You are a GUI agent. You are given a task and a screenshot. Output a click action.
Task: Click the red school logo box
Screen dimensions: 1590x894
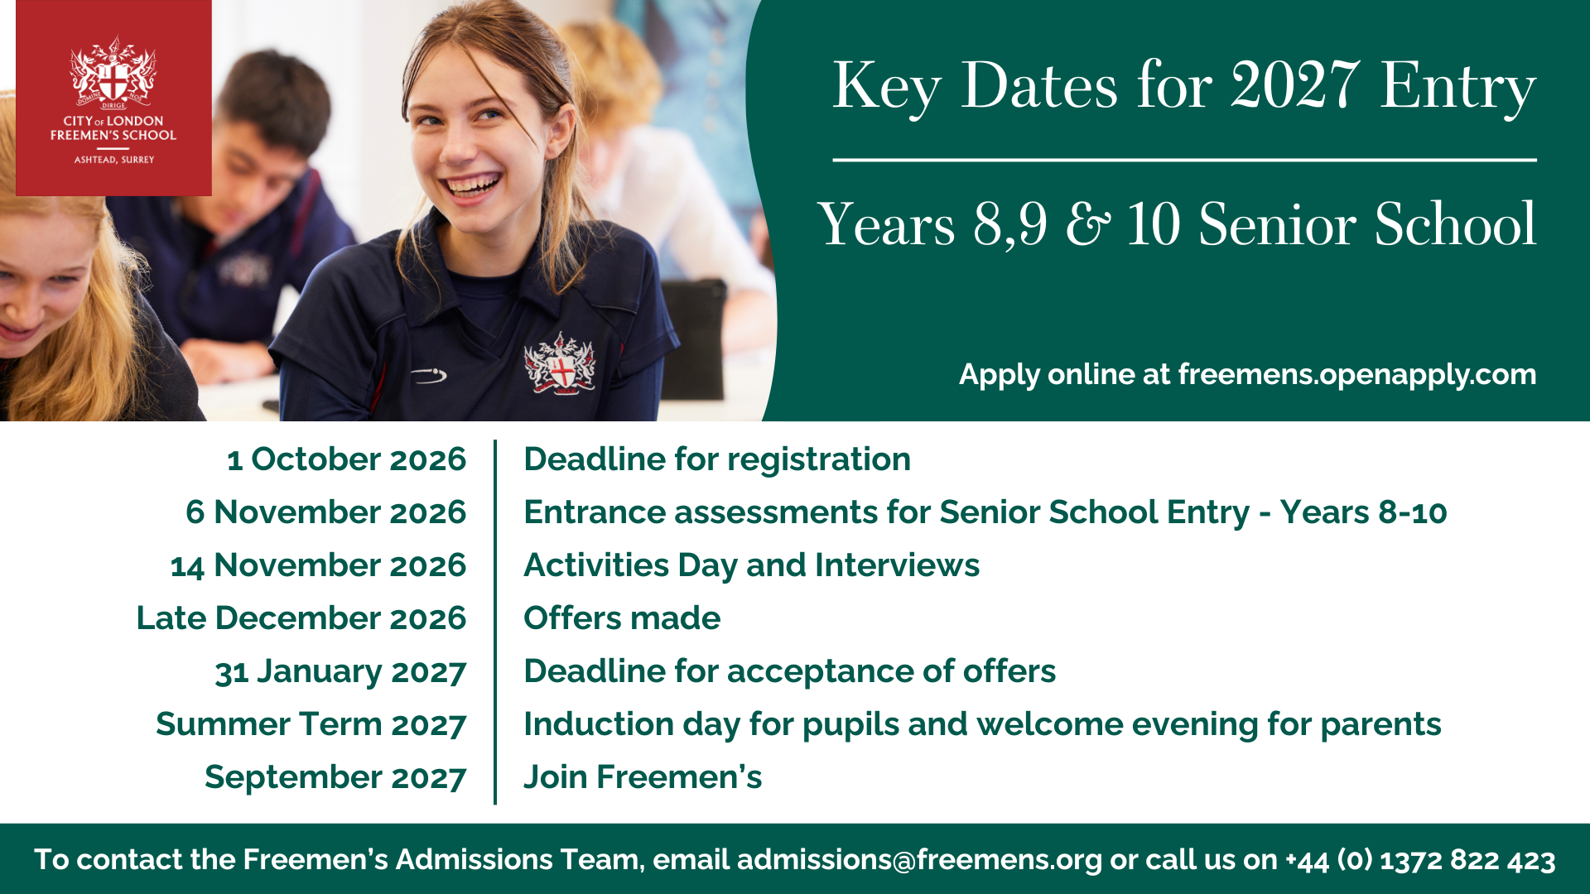pyautogui.click(x=113, y=98)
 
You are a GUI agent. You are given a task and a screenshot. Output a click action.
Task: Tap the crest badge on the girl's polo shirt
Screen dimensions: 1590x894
pyautogui.click(x=560, y=363)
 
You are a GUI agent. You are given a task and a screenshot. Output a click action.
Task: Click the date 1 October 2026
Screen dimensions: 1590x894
pyautogui.click(x=347, y=459)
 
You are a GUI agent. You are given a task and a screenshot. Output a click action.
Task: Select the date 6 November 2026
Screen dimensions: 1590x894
pyautogui.click(x=326, y=512)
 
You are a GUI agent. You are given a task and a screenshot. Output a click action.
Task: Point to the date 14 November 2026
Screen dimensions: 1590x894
pyautogui.click(x=319, y=565)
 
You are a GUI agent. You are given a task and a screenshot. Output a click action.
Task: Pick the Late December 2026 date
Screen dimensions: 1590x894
pyautogui.click(x=301, y=618)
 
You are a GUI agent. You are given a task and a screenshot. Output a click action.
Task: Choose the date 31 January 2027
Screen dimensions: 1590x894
pyautogui.click(x=341, y=672)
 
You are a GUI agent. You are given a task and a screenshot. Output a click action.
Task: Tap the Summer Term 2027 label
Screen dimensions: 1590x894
pyautogui.click(x=311, y=724)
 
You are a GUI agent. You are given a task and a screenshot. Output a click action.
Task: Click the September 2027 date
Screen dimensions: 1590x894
pyautogui.click(x=336, y=778)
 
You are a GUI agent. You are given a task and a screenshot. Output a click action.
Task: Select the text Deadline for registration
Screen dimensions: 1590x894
pyautogui.click(x=717, y=460)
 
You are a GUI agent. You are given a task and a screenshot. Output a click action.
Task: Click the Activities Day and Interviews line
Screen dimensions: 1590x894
pyautogui.click(x=752, y=566)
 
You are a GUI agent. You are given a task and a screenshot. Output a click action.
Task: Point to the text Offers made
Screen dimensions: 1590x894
pyautogui.click(x=623, y=618)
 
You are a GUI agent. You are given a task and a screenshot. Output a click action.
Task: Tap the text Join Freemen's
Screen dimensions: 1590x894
pyautogui.click(x=643, y=777)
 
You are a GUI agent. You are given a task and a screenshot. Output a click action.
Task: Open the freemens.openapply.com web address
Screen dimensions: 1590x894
pyautogui.click(x=1357, y=375)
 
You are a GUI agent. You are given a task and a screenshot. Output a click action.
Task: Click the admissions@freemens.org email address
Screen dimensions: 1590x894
pyautogui.click(x=919, y=860)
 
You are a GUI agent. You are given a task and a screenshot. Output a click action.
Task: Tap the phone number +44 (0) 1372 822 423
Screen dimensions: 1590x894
pyautogui.click(x=1420, y=860)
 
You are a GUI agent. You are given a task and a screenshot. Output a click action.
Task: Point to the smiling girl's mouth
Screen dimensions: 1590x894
pyautogui.click(x=471, y=185)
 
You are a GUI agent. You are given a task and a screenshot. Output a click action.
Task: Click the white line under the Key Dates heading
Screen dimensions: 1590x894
pyautogui.click(x=1184, y=160)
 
